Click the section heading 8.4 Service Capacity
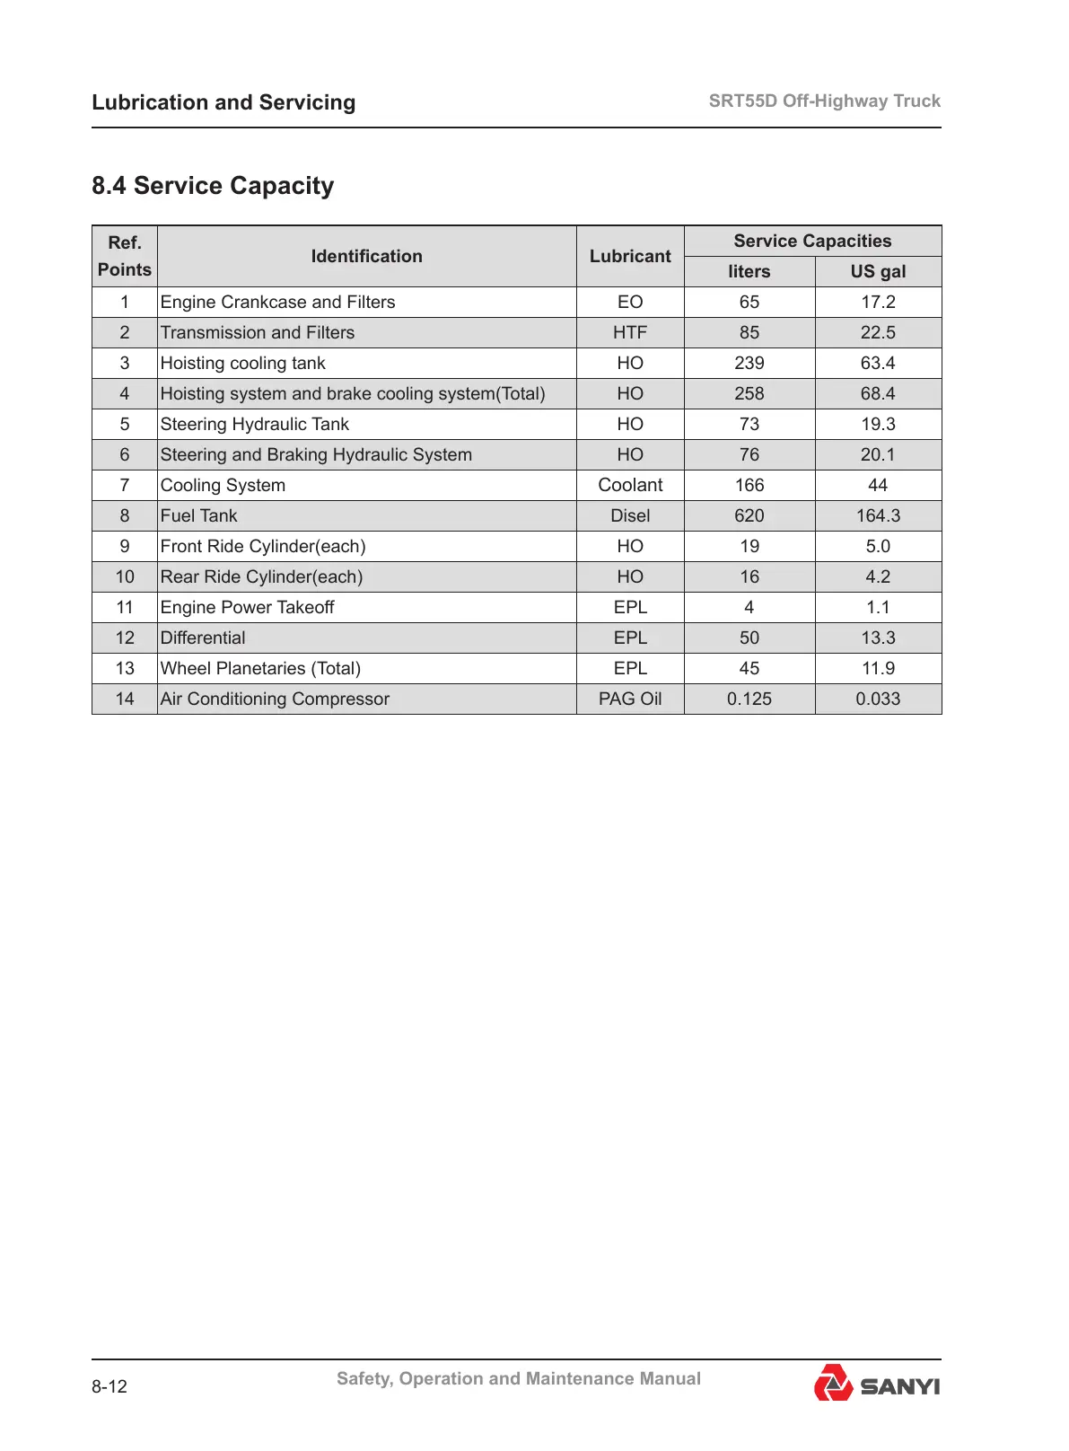(x=213, y=186)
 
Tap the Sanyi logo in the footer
(x=876, y=1384)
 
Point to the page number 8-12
(x=110, y=1386)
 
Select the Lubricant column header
(x=630, y=256)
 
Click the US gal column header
(x=878, y=271)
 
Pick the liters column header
(x=749, y=271)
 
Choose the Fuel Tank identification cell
(x=199, y=515)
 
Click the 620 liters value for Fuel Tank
(x=749, y=515)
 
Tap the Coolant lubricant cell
(x=630, y=485)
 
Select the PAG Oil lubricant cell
(x=630, y=699)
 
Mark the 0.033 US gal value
(x=878, y=699)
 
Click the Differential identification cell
(x=203, y=638)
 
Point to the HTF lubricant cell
(x=630, y=332)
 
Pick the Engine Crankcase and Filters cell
(x=277, y=302)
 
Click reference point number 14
(x=125, y=699)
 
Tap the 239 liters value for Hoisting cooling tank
(x=749, y=363)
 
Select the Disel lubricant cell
(x=630, y=515)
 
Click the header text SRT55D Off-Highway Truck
(x=824, y=101)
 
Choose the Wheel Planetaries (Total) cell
(x=260, y=668)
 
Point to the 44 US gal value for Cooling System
(x=878, y=485)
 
